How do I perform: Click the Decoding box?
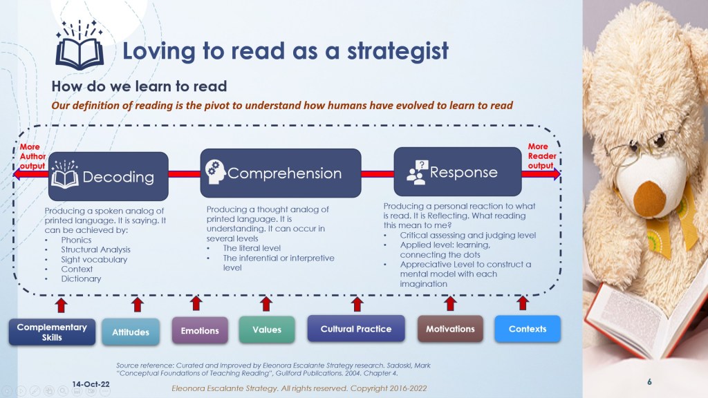coord(109,176)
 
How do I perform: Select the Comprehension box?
coord(281,173)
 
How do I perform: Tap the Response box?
coord(458,172)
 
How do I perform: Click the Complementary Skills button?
coord(52,332)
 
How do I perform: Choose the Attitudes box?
coord(131,332)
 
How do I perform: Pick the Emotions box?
coord(200,331)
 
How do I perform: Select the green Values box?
coord(267,330)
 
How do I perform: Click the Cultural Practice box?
coord(356,329)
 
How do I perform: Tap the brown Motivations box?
coord(450,329)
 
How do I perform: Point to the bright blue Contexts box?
coord(528,329)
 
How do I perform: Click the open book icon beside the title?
coord(80,46)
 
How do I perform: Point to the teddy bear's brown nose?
coord(649,197)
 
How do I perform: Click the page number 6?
coord(649,381)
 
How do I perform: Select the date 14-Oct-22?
coord(91,384)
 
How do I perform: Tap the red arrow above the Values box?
coord(266,304)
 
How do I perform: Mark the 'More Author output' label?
coord(32,156)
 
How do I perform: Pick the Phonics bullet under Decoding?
coord(76,240)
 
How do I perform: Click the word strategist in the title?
coord(398,51)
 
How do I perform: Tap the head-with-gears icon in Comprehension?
coord(215,172)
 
